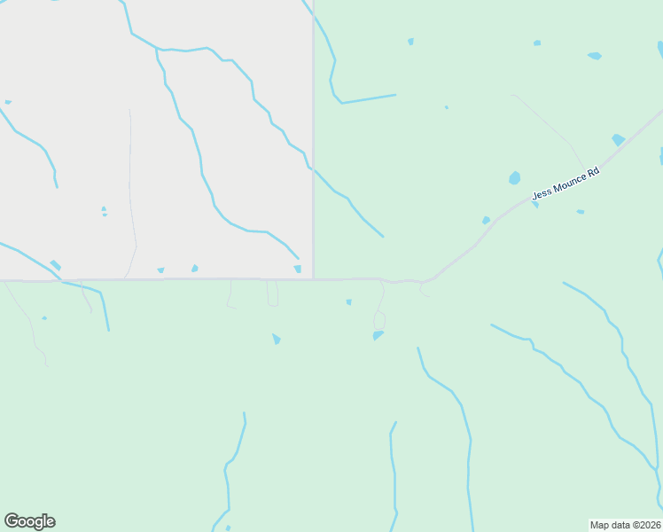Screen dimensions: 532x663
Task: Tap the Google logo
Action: coord(29,521)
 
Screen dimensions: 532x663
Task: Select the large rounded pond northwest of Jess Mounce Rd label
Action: coord(514,178)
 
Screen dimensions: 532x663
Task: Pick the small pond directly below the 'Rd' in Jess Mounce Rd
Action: coord(580,212)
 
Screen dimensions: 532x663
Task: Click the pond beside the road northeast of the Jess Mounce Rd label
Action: coord(618,139)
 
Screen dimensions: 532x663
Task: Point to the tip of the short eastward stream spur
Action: coord(394,95)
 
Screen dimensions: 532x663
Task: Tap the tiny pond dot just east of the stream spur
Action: coord(446,107)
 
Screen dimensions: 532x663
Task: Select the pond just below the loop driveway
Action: coord(378,335)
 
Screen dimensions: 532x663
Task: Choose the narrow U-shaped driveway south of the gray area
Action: coord(272,294)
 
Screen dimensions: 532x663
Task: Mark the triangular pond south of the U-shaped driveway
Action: coord(277,339)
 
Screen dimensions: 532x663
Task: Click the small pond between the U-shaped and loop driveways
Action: coord(348,301)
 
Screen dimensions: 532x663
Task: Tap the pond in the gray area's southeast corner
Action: coord(297,269)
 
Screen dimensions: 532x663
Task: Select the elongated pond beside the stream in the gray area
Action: coord(55,264)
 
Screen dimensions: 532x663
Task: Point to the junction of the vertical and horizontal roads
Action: coord(313,278)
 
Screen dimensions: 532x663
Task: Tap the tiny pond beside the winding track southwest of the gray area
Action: coord(43,318)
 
